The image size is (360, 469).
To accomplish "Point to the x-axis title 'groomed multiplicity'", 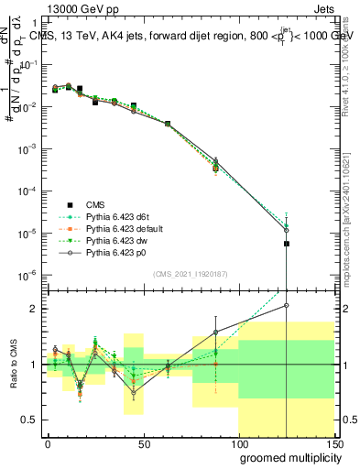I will [286, 457].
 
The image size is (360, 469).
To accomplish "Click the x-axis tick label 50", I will [145, 442].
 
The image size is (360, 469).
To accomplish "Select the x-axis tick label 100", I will [239, 442].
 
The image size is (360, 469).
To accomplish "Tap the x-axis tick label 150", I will [334, 442].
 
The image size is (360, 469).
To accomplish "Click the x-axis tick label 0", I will [49, 442].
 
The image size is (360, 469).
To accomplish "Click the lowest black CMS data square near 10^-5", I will [287, 244].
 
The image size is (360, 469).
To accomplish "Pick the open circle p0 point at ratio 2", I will [287, 305].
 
